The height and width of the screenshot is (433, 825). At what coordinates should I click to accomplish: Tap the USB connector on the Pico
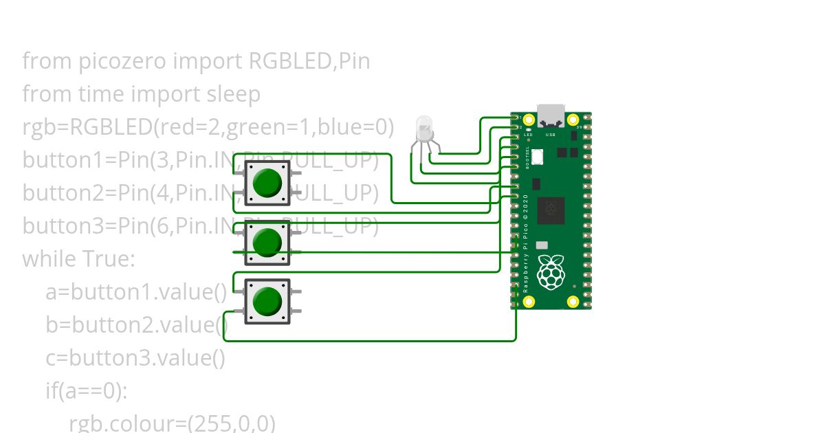(551, 115)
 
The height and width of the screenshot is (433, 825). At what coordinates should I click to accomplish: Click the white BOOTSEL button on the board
(537, 157)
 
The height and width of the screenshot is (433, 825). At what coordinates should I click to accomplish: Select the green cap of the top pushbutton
(267, 182)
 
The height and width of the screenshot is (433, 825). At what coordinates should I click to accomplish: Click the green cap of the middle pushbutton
(267, 242)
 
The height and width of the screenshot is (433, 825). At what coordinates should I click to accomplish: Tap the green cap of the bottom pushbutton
(267, 301)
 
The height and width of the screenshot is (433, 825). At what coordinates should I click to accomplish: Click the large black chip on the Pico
(551, 210)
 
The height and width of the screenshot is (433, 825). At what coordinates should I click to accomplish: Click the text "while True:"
(79, 259)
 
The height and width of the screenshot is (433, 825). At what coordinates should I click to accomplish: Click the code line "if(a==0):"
(87, 391)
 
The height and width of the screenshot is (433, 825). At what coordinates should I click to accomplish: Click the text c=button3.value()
(135, 358)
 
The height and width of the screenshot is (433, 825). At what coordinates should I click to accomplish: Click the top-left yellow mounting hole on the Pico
(529, 120)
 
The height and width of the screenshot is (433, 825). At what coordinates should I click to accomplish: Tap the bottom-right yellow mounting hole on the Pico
(573, 301)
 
